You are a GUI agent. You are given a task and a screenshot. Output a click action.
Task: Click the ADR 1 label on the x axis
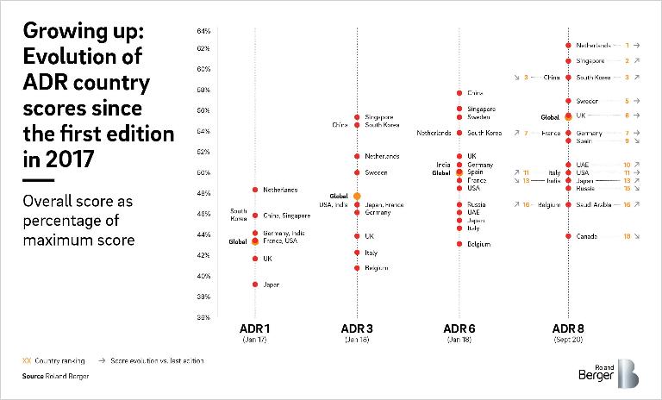[x=255, y=329]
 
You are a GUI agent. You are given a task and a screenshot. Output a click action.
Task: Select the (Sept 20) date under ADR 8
[x=568, y=341]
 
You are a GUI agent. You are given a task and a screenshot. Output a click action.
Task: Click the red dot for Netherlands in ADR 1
[x=255, y=190]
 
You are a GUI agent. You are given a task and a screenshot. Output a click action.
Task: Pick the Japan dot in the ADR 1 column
[x=255, y=284]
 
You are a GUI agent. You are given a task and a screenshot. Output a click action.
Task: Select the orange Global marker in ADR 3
[x=357, y=197]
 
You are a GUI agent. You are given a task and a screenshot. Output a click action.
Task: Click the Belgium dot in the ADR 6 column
[x=459, y=244]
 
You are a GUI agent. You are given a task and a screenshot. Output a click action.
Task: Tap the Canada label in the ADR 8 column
[x=588, y=235]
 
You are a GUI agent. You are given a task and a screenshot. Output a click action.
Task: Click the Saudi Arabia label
[x=594, y=204]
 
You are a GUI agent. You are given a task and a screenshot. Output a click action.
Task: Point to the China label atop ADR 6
[x=475, y=92]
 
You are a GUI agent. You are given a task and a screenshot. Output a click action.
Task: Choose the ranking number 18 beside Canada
[x=627, y=235]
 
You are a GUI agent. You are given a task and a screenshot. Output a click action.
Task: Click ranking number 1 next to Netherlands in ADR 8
[x=627, y=45]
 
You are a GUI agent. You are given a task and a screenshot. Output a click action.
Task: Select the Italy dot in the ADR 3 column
[x=357, y=253]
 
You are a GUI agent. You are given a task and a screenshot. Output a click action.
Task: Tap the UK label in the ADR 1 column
[x=267, y=259]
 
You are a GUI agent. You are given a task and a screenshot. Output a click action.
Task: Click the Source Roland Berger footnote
[x=56, y=377]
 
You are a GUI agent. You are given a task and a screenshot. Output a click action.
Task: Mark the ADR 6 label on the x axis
[x=459, y=329]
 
